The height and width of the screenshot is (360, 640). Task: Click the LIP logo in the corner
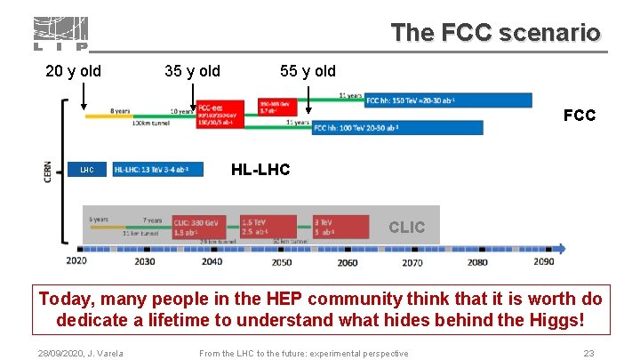[60, 34]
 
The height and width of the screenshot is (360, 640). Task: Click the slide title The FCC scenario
[496, 34]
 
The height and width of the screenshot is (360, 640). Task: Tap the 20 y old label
[73, 71]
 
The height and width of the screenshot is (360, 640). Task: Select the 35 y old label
[193, 71]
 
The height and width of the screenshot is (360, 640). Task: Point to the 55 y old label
[308, 71]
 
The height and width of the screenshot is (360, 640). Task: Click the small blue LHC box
[86, 169]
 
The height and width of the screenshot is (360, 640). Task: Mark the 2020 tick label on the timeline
[77, 261]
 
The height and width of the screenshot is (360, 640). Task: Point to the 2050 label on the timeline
[281, 261]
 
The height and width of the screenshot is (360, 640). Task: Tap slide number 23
[588, 354]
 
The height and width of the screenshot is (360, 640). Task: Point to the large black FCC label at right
[580, 116]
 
